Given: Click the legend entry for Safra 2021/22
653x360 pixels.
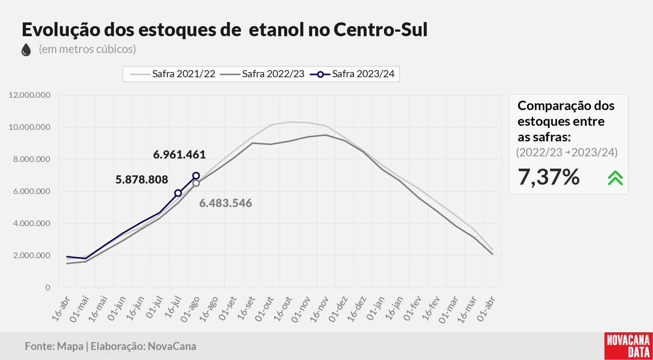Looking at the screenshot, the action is [x=173, y=74].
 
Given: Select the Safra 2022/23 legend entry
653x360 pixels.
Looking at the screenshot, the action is [x=262, y=74].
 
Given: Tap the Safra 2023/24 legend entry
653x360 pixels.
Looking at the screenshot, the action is [x=352, y=74].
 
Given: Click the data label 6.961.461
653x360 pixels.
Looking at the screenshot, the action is [x=179, y=154].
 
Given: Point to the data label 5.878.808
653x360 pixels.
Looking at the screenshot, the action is [x=142, y=179].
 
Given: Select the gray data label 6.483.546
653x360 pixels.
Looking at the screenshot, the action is [x=226, y=203].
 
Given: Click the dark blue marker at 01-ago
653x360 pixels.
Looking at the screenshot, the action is [x=196, y=176].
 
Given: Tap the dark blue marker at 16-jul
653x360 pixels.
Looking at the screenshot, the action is [x=178, y=193].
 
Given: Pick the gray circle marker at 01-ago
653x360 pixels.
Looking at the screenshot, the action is [x=196, y=183].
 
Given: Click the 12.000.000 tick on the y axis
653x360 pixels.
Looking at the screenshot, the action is [x=29, y=95].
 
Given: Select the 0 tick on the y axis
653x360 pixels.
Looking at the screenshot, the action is [x=48, y=288].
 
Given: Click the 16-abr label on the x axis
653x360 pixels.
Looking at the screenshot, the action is [x=61, y=309].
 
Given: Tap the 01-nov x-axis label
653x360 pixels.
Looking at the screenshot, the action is [x=301, y=309].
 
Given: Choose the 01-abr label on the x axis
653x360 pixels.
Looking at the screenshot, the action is [x=486, y=309].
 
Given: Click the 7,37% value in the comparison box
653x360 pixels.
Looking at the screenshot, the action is [x=549, y=177].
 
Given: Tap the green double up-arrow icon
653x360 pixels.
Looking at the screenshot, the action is [x=615, y=178].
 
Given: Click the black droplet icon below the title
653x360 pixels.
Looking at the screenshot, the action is [x=26, y=50].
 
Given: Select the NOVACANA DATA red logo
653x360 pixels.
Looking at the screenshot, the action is [x=628, y=346].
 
